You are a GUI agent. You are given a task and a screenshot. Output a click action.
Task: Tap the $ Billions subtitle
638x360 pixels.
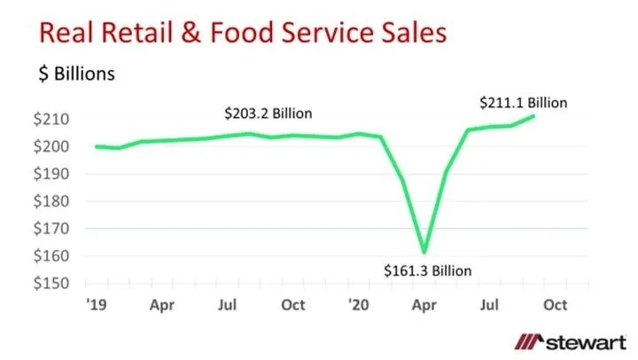[x=76, y=74]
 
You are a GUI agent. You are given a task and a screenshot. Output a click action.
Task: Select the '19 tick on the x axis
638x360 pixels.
[x=96, y=304]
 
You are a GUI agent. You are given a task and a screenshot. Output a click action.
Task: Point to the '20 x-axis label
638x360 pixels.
[x=359, y=304]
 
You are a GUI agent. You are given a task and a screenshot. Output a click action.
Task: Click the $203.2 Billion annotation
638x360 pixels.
[x=268, y=114]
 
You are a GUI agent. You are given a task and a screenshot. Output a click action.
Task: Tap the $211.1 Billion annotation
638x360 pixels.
[x=523, y=102]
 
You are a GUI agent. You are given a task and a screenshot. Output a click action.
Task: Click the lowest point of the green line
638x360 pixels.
[x=424, y=253]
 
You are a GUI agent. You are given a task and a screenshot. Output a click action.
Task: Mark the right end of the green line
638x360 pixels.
[x=534, y=115]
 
